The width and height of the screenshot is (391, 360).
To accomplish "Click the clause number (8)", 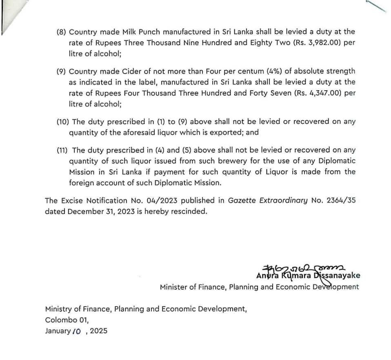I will (x=62, y=32).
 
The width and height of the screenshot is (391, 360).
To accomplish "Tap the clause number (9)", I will (x=62, y=72).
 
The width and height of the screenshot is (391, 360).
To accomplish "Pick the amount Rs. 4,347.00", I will (x=318, y=93).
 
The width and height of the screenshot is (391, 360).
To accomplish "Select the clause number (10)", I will (x=63, y=122).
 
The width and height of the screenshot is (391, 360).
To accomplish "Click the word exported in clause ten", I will (x=226, y=132).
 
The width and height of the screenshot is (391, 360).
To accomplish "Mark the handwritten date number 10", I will (x=77, y=331).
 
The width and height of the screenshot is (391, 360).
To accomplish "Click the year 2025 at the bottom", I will (x=99, y=331).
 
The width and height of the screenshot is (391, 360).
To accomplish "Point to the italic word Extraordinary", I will (x=282, y=201).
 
